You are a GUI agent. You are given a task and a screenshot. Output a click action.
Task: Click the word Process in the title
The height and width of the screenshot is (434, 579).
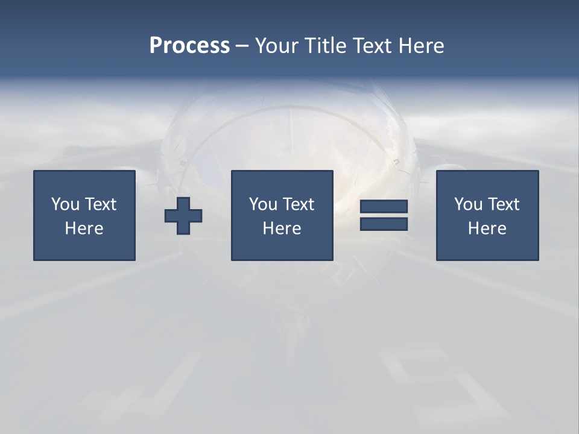(189, 46)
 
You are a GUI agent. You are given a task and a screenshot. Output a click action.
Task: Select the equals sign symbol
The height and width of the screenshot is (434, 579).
(384, 215)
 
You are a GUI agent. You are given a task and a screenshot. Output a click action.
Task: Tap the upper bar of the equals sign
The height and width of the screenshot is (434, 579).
(384, 207)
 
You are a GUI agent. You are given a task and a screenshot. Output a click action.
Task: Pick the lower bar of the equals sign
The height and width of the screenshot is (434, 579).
(384, 224)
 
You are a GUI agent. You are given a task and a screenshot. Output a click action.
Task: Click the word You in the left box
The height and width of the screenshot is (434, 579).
(65, 204)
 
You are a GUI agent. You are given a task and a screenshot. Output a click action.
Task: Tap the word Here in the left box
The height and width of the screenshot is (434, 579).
(84, 228)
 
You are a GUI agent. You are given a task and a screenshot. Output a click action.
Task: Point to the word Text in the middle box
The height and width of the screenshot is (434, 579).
(299, 204)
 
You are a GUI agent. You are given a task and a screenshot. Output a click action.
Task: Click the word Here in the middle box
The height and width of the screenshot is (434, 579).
(282, 228)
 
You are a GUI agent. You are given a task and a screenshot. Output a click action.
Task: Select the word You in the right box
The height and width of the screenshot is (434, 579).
(468, 204)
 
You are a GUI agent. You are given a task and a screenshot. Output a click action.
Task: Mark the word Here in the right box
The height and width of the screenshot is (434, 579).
(487, 228)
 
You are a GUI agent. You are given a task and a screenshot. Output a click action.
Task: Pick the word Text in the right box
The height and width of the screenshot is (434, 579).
(504, 204)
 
